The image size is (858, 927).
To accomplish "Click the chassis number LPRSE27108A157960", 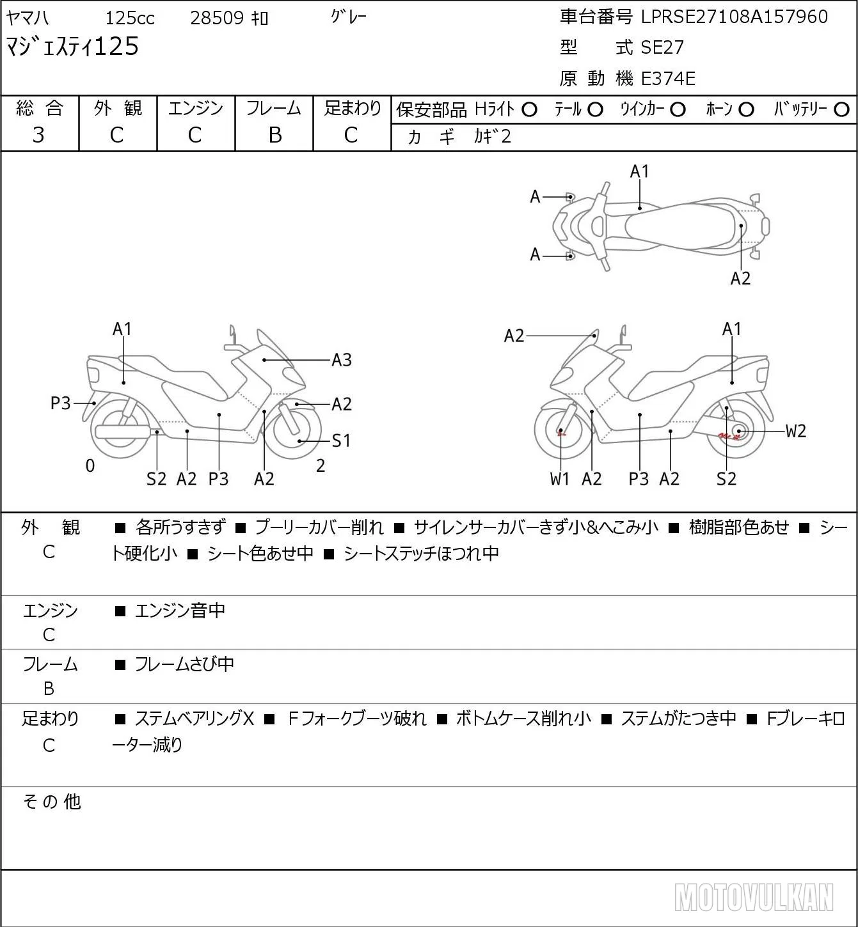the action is tap(734, 17).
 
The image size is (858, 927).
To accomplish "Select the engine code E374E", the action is tap(668, 79).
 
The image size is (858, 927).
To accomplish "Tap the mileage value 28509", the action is tap(217, 18).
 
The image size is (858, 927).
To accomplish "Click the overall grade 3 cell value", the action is tap(38, 136).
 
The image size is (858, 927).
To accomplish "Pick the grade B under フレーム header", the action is tap(274, 136).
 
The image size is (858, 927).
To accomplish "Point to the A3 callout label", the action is tap(342, 360).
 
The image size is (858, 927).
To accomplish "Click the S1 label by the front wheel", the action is tap(341, 440).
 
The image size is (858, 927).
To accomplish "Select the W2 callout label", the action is tap(796, 432).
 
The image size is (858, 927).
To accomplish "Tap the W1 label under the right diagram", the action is tap(560, 479).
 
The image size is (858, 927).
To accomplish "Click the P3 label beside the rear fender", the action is tap(60, 403).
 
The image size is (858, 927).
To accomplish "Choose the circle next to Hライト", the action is tap(529, 110).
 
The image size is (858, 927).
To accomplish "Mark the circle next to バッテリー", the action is tap(841, 110).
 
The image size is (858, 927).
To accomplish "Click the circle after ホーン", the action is tap(746, 110).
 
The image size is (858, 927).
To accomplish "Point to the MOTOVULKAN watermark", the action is tap(754, 897).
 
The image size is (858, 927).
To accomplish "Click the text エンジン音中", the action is tap(180, 611).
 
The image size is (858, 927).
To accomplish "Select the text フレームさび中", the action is tap(184, 664).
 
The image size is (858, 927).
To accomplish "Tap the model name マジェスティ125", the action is tap(72, 47).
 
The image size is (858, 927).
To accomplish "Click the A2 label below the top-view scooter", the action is tap(740, 279).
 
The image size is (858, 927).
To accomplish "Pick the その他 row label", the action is tap(52, 802).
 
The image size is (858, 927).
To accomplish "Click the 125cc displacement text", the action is tap(130, 18).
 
